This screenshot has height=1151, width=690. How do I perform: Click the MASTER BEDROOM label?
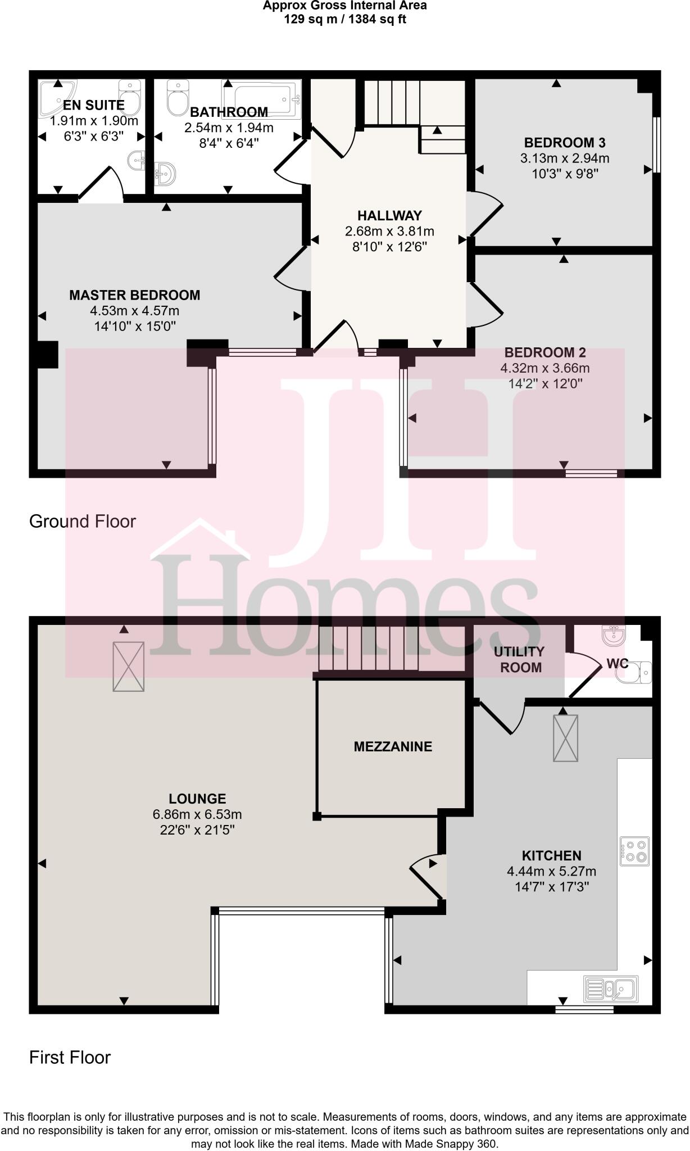[x=134, y=295]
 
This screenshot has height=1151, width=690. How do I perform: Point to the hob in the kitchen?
[x=635, y=851]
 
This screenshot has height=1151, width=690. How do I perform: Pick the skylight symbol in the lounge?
[x=129, y=667]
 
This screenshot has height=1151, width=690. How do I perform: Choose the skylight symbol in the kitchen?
[x=565, y=738]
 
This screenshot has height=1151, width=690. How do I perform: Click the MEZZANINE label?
[x=393, y=746]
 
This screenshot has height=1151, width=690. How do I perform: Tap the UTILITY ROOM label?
[x=519, y=659]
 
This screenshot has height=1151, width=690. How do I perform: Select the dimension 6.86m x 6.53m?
[x=197, y=814]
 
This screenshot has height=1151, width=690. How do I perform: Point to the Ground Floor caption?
[x=82, y=522]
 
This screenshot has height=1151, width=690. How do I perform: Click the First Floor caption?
[x=70, y=1057]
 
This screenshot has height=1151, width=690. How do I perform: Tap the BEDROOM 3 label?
[x=565, y=143]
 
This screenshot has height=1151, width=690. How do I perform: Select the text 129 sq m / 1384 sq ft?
[x=345, y=19]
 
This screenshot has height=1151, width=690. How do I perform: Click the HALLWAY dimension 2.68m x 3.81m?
[x=389, y=231]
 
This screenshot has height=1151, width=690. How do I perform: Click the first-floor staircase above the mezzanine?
[x=368, y=649]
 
